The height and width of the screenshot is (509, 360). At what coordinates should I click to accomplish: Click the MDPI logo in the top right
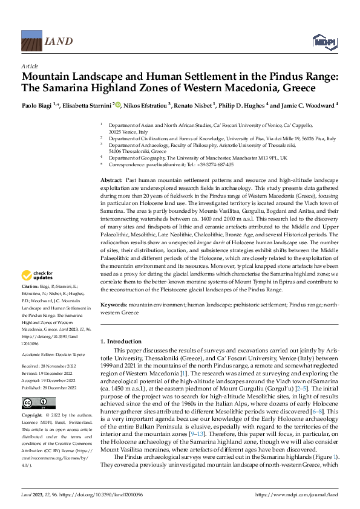pos(323,41)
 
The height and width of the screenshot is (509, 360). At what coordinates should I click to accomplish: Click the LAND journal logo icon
pos(31,41)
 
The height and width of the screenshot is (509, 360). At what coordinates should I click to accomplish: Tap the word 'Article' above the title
pos(30,66)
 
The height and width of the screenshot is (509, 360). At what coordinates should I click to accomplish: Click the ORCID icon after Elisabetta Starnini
pos(118,105)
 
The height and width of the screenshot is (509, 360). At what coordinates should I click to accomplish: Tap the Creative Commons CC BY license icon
pos(30,403)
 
